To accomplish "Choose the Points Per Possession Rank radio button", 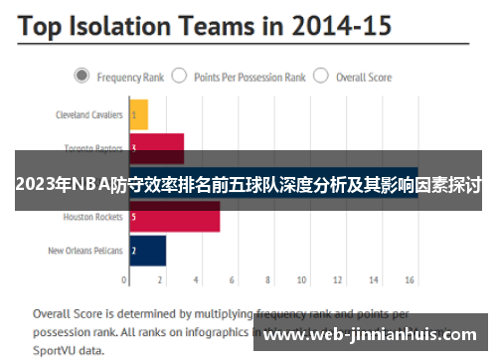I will point(179,75).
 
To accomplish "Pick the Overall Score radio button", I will point(320,75).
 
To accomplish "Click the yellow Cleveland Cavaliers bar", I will point(138,114).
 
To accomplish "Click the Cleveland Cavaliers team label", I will point(88,115).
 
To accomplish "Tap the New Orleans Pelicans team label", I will point(85,251).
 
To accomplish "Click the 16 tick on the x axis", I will point(408,281).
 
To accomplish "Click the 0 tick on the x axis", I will point(130,281).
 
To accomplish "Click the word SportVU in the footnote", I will point(56,350).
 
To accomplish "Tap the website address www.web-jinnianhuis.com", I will point(374,334).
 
